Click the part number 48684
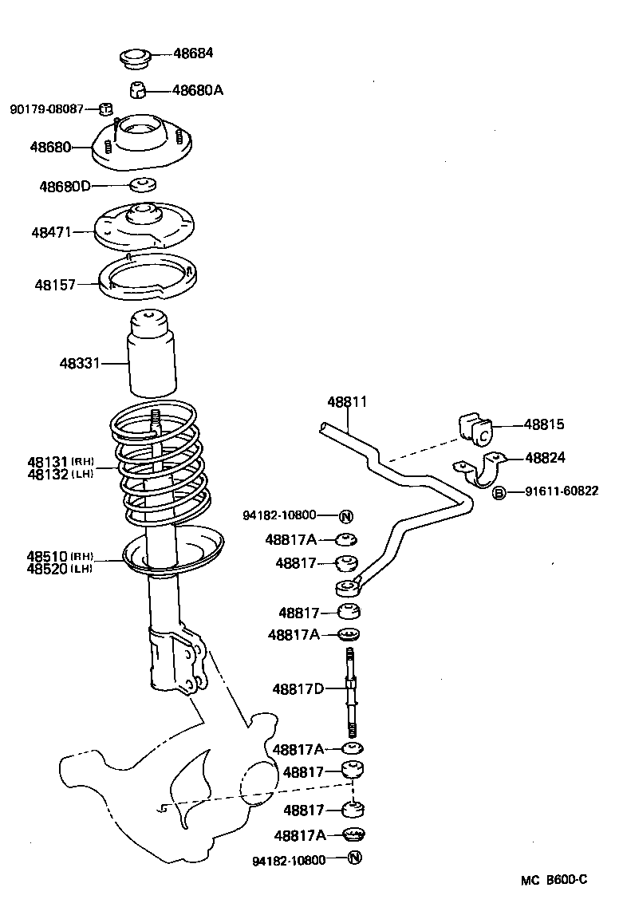coord(195,53)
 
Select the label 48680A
coord(197,90)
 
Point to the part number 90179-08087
coord(46,108)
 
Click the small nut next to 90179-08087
coord(104,108)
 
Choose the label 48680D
coord(65,186)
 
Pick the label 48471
coord(52,232)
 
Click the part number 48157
coord(54,283)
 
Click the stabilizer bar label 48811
coord(347,402)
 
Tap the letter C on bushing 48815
coord(483,436)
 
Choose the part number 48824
coord(546,457)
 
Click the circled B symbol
coord(499,492)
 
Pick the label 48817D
coord(298,688)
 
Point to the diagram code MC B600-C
coord(554,880)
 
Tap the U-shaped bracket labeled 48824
coord(479,471)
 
